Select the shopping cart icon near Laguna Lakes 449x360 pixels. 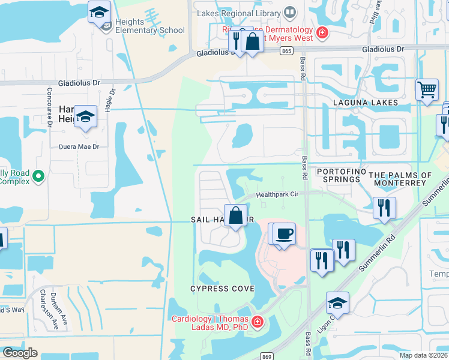tap(427, 90)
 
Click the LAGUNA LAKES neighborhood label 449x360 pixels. tap(365, 103)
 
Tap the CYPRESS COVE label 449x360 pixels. tap(222, 289)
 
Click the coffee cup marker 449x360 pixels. tap(285, 233)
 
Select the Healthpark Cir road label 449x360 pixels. tap(277, 194)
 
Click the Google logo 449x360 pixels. tap(20, 353)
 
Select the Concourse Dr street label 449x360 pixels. tap(50, 106)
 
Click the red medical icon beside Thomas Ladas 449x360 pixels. tap(257, 323)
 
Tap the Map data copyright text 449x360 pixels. tap(423, 355)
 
